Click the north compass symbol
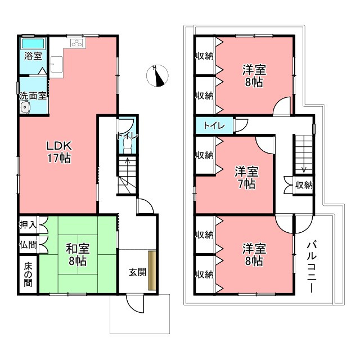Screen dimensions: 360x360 [x=157, y=75]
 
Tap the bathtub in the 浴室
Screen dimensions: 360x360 [x=33, y=44]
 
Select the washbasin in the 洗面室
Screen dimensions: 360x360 [x=25, y=107]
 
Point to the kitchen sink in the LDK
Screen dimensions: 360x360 [x=56, y=64]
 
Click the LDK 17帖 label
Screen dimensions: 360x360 [x=59, y=152]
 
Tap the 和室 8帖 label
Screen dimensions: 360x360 [x=78, y=255]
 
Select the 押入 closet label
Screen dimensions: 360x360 [x=28, y=225]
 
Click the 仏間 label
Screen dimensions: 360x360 [x=28, y=245]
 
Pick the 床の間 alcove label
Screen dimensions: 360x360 [x=28, y=275]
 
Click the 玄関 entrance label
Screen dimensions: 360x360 [x=137, y=272]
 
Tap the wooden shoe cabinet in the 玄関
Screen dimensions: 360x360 [x=152, y=271]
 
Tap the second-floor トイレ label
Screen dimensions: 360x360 [x=214, y=125]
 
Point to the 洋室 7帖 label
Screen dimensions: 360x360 [x=246, y=178]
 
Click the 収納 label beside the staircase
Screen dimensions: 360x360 [x=304, y=185]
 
